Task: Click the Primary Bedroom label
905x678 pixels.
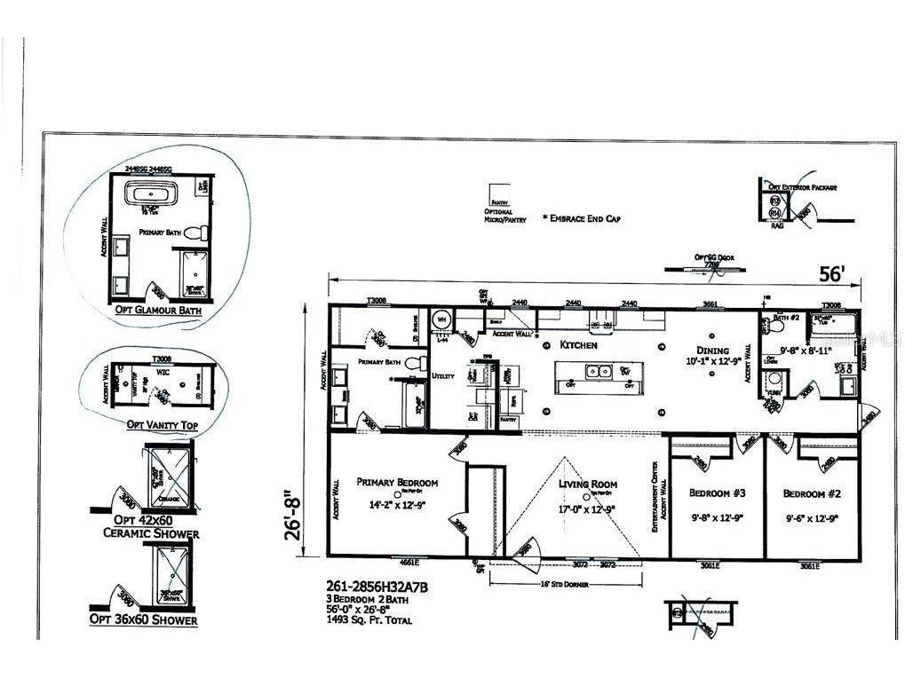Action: [x=397, y=483]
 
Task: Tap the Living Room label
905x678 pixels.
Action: [x=587, y=485]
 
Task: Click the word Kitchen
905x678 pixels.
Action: [x=579, y=344]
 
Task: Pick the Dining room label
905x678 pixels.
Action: [x=713, y=351]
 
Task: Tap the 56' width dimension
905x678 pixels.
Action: [x=830, y=275]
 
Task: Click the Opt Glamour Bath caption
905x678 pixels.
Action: [x=158, y=311]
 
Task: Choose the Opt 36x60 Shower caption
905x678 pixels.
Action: [x=143, y=619]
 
